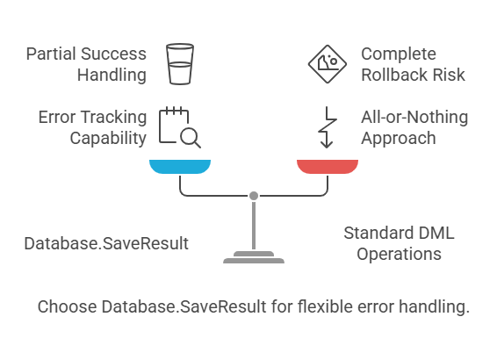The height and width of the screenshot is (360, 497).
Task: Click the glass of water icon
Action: click(x=180, y=64)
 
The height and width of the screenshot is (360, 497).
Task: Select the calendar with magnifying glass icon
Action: click(x=178, y=127)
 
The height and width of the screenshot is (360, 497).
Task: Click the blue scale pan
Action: click(x=180, y=167)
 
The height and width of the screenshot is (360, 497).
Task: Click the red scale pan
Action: click(x=327, y=167)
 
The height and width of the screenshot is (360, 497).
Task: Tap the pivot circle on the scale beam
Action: click(x=253, y=195)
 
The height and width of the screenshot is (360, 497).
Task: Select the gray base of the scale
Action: click(x=253, y=259)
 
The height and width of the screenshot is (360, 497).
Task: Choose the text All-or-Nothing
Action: click(x=414, y=117)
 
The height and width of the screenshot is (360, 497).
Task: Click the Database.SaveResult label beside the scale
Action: click(x=106, y=243)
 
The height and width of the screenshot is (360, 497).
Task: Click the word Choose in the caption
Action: click(x=67, y=307)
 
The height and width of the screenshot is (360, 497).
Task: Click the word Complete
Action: click(x=398, y=54)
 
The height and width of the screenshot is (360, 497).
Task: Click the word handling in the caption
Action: click(x=436, y=307)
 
